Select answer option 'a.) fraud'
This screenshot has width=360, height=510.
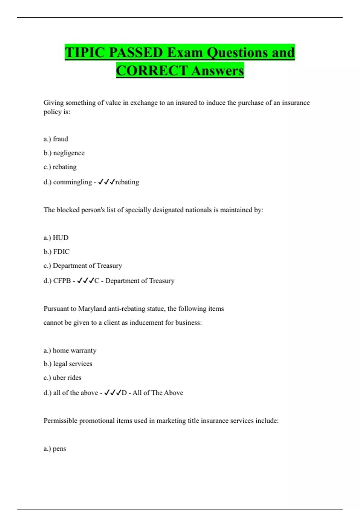pyautogui.click(x=56, y=139)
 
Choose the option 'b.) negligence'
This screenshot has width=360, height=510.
pyautogui.click(x=64, y=153)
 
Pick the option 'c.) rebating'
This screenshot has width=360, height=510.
pyautogui.click(x=60, y=167)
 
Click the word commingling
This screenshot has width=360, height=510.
pyautogui.click(x=72, y=182)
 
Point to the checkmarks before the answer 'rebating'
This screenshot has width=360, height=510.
pyautogui.click(x=106, y=182)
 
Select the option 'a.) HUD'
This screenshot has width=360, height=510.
pyautogui.click(x=56, y=238)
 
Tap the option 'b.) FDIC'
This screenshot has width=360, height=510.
pyautogui.click(x=56, y=251)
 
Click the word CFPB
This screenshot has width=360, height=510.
pyautogui.click(x=62, y=281)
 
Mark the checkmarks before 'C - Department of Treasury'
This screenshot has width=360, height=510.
pyautogui.click(x=85, y=280)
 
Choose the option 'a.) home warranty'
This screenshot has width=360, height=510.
pyautogui.click(x=70, y=350)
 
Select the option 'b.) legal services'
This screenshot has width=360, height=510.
pyautogui.click(x=68, y=364)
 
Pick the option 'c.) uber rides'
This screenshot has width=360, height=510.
pyautogui.click(x=62, y=377)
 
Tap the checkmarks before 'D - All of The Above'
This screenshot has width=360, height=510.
pyautogui.click(x=112, y=393)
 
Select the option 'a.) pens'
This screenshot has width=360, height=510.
pyautogui.click(x=55, y=448)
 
